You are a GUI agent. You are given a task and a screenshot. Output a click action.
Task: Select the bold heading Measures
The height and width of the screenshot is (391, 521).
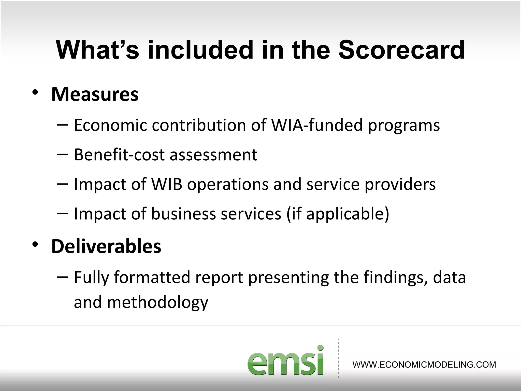95,94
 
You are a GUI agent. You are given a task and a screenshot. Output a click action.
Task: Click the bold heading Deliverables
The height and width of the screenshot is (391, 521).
106,246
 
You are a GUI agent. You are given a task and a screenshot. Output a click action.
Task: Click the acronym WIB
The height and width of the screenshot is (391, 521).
167,184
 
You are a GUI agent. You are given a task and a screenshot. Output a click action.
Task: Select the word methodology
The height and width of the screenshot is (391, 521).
157,302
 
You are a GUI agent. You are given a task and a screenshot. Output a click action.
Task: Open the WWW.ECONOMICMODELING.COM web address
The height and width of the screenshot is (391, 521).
424,365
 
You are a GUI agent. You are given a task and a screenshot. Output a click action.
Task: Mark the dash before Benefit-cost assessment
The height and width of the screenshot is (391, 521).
63,154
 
